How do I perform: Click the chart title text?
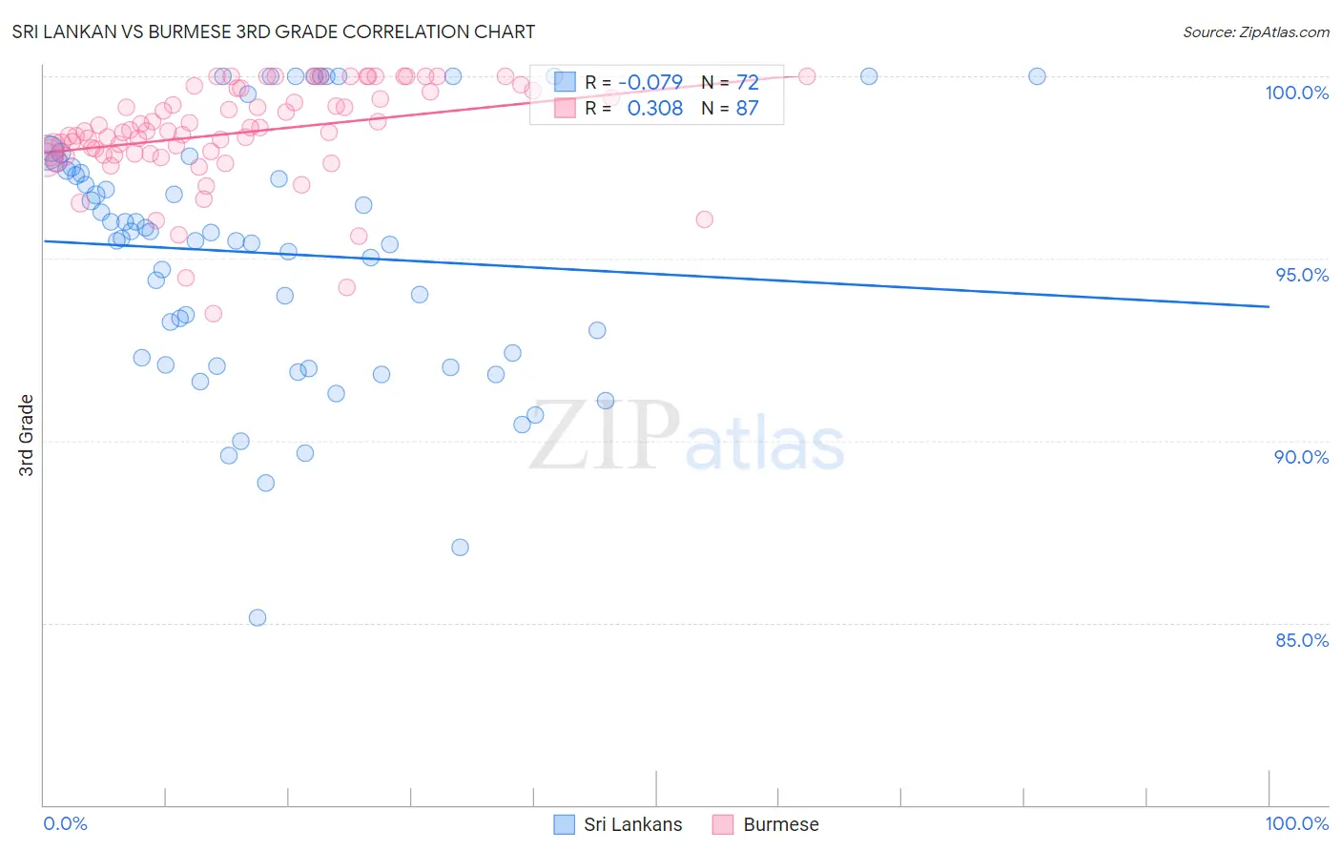coord(273,31)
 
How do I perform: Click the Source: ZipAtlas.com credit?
coord(1255,31)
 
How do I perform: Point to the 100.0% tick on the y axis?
coord(1296,93)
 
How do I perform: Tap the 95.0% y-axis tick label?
coord(1302,275)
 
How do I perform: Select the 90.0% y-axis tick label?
coord(1301,457)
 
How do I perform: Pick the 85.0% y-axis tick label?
coord(1302,640)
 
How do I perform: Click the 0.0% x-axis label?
coord(65,823)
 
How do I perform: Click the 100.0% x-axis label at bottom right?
coord(1296,823)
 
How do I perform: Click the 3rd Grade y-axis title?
coord(27,435)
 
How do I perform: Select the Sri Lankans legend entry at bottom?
coord(632,824)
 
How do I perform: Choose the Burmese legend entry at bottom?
coord(780,824)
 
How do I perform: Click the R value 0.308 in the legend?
coord(654,108)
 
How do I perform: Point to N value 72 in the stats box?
coord(747,82)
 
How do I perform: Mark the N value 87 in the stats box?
coord(747,108)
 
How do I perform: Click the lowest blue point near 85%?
coord(258,617)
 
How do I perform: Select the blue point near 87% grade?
coord(460,547)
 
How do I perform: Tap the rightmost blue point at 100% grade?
coord(1037,76)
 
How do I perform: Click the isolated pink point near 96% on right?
coord(705,219)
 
